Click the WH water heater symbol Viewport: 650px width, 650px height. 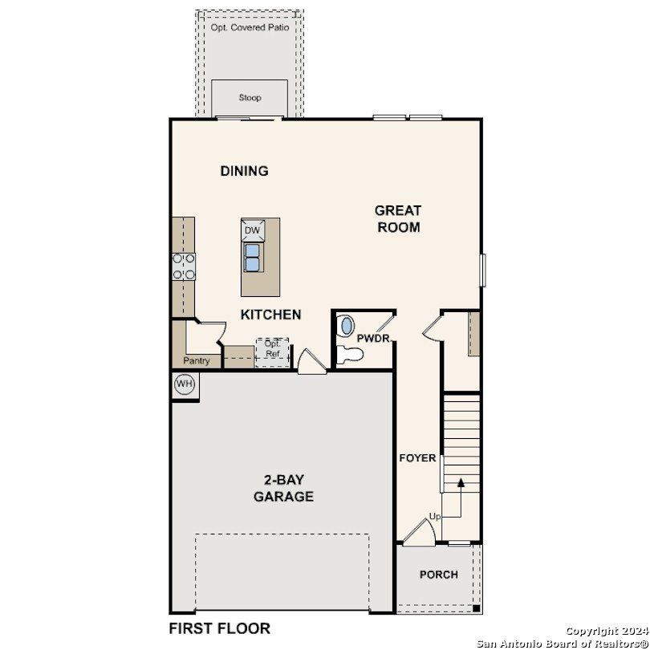[185, 384]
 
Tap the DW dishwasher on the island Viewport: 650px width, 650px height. [254, 230]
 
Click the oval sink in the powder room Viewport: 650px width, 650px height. [347, 326]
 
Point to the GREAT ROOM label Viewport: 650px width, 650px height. [398, 218]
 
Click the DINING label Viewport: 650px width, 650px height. [244, 171]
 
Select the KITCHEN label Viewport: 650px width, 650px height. [271, 315]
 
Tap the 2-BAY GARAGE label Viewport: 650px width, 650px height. [283, 489]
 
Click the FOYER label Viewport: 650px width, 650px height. [418, 458]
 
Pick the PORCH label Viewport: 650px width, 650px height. [439, 575]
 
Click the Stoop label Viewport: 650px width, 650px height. [250, 98]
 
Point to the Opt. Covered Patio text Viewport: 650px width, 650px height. [250, 27]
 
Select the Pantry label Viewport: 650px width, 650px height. [197, 361]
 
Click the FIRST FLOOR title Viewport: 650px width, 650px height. [219, 628]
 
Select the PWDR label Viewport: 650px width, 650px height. [372, 339]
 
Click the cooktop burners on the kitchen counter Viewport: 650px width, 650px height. [184, 266]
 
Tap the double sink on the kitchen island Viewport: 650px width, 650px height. [254, 257]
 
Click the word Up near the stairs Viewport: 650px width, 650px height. [435, 516]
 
